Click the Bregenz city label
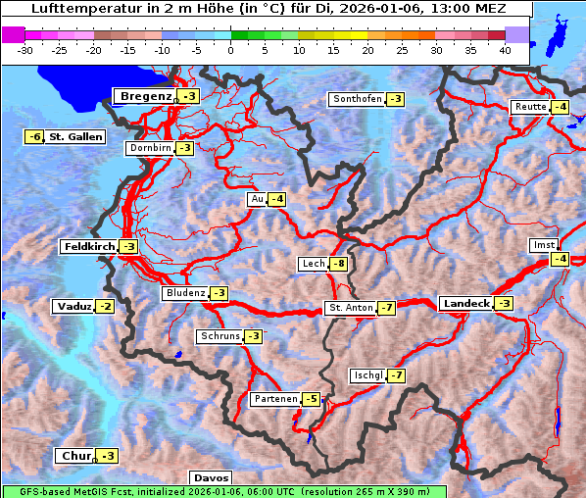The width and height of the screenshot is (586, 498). (x=145, y=96)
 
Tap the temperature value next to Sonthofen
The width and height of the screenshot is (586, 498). (x=395, y=99)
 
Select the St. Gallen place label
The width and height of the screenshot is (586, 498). (x=75, y=137)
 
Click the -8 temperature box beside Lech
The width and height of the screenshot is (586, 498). (x=339, y=264)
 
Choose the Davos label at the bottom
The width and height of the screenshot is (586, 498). (x=212, y=477)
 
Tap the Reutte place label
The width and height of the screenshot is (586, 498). (x=530, y=107)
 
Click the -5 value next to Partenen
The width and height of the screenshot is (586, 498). (x=311, y=399)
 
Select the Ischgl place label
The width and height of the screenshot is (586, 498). (x=367, y=375)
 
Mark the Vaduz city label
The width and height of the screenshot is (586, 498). (x=73, y=307)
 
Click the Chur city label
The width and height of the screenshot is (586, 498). (x=75, y=456)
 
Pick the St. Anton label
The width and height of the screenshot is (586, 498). (x=350, y=308)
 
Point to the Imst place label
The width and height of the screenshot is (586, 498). (x=542, y=244)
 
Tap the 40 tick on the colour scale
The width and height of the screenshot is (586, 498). (x=505, y=49)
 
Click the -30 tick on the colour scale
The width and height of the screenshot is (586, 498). (x=25, y=49)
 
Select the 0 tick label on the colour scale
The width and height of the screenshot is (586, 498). (x=230, y=49)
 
